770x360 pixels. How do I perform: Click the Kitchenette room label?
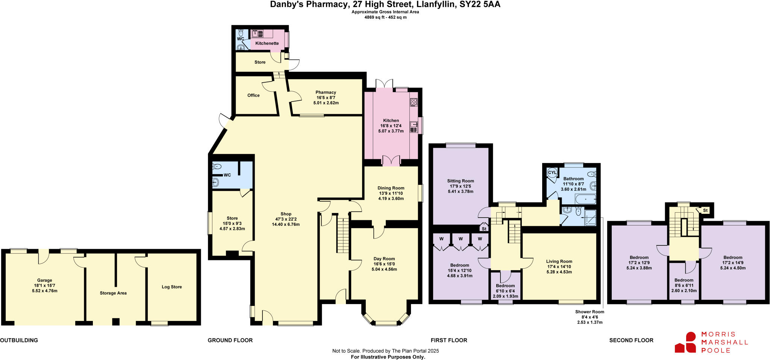coord(267,43)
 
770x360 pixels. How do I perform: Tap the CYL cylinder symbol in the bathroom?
coord(552,173)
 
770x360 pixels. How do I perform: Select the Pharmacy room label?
coord(326,92)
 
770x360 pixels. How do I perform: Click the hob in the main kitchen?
coord(414,102)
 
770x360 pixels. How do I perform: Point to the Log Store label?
coord(172,287)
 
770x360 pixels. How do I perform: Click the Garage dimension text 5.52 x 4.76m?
coord(44,291)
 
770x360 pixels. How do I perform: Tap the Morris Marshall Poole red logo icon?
coord(686,342)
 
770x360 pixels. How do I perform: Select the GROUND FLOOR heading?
coord(230,340)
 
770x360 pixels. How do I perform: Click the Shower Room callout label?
coord(590,312)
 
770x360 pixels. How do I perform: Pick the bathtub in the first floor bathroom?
coord(585,199)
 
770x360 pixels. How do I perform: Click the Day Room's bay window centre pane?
coord(386,323)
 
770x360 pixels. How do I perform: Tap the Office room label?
coord(253,95)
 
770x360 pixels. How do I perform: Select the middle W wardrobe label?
coord(461,239)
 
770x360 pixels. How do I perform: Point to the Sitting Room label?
coord(461,181)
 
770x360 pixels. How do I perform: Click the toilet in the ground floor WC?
coord(217,166)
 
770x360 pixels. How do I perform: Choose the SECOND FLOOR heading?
coord(631,340)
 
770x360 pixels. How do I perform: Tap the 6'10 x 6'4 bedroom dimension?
coord(505,291)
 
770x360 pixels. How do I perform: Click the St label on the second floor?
coord(705,210)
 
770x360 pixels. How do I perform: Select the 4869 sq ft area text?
coord(385,17)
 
